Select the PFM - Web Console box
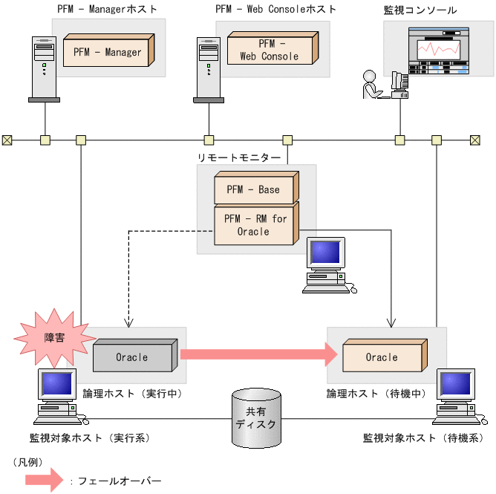(272, 51)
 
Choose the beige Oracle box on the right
(382, 357)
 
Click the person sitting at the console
(371, 85)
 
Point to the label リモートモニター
(239, 157)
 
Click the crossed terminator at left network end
(7, 139)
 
